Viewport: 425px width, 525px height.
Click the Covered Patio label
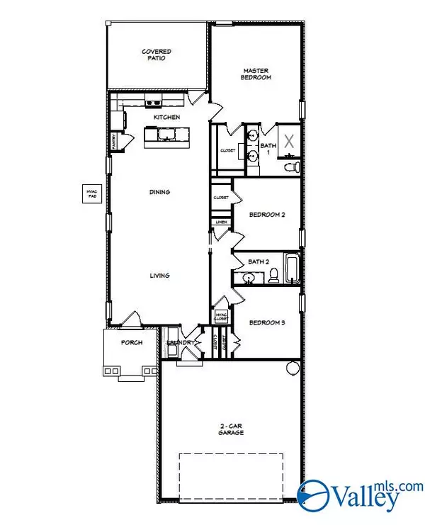pos(156,56)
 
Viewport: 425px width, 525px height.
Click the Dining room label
pos(160,192)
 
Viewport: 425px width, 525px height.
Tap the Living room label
pos(160,276)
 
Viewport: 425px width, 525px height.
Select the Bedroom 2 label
pos(266,215)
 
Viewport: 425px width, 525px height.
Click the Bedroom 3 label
pos(266,322)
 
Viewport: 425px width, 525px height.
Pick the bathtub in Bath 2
pos(290,270)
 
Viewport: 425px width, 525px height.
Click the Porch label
pos(131,342)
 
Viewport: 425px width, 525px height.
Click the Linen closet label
pos(221,222)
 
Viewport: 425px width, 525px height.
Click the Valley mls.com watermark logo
pos(358,496)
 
